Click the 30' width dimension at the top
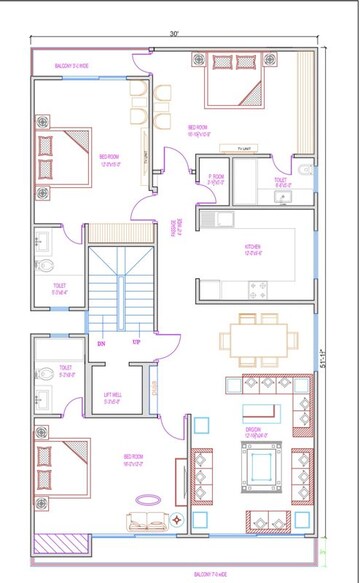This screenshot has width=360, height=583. [174, 35]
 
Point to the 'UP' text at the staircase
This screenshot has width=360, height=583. [136, 343]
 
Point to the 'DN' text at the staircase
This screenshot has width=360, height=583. [101, 343]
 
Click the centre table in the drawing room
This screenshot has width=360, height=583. [265, 465]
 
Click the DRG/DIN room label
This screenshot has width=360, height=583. [257, 433]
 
